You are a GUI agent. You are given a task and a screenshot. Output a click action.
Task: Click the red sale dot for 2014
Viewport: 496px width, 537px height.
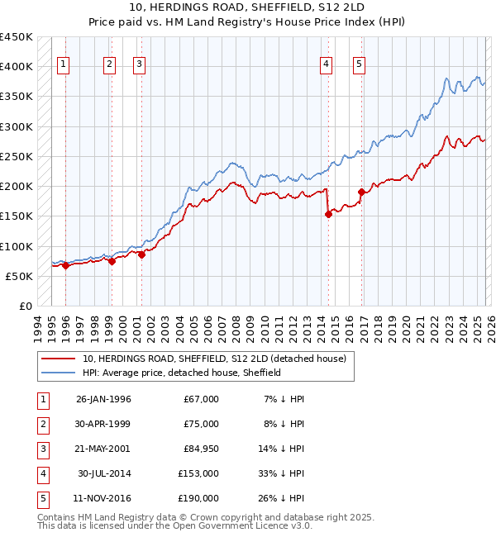(x=328, y=214)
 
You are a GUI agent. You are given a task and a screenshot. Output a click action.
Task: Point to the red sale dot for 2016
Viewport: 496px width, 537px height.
(x=361, y=192)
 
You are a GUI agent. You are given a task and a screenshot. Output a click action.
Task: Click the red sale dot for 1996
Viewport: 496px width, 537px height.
(x=65, y=266)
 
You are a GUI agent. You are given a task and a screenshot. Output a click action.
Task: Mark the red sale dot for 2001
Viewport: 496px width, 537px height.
(x=141, y=255)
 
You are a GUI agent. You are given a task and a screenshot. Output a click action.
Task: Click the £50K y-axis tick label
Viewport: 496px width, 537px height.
(x=19, y=276)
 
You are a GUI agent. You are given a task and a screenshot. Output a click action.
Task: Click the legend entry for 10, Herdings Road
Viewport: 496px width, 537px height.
(x=218, y=359)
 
